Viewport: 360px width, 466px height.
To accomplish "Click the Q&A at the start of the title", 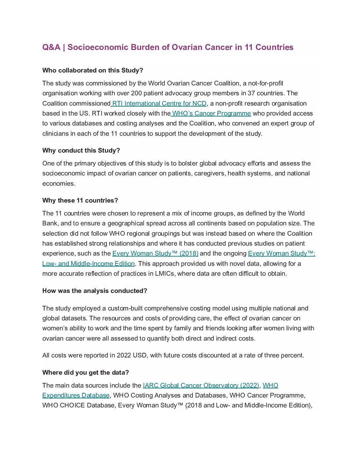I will pos(51,47).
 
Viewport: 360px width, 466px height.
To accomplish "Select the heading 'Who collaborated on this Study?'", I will pos(93,70).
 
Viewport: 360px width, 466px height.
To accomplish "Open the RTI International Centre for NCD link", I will pos(159,104).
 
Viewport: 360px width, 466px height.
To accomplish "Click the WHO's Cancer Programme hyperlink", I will pos(211,114).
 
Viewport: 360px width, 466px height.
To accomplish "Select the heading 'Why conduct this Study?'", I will pos(81,151).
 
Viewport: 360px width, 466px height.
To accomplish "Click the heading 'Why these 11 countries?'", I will pos(80,201).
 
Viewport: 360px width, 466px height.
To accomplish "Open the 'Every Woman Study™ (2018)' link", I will pos(155,254).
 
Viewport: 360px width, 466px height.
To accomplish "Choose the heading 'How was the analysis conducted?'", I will pos(95,291).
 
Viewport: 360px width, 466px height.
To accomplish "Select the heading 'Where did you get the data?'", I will pos(85,373).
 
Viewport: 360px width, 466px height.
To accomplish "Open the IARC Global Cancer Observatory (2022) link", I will pos(201,386).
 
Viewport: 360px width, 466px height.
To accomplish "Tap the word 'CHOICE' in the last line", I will pos(73,405).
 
